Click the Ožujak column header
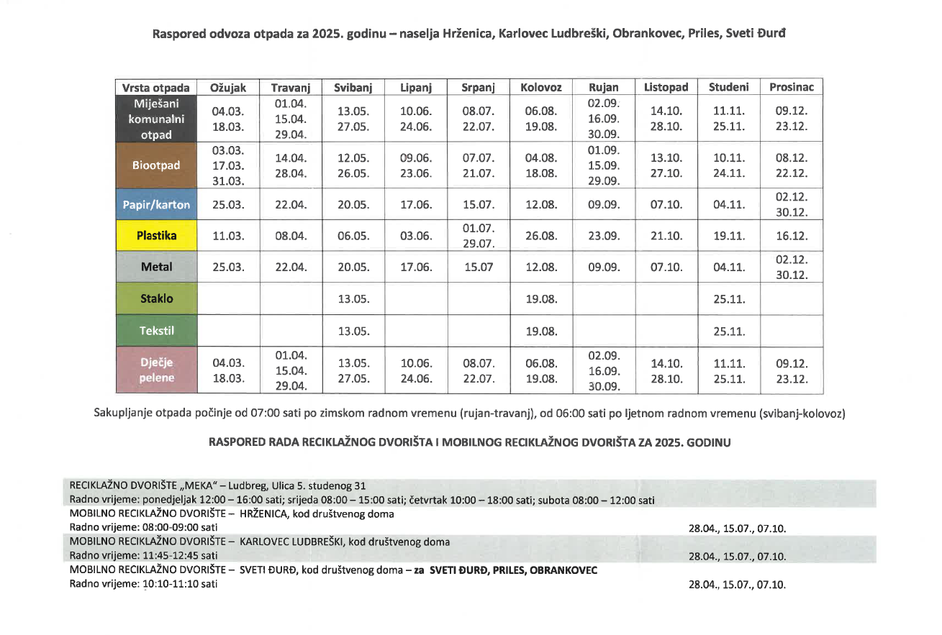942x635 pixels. [x=228, y=87]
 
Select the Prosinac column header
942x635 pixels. [x=791, y=87]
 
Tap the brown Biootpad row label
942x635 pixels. [x=156, y=165]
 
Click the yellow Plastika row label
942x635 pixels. [x=156, y=235]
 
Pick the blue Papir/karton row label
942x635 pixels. [x=156, y=204]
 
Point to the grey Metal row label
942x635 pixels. [x=156, y=267]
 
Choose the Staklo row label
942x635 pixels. [x=156, y=298]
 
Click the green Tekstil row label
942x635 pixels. [x=156, y=331]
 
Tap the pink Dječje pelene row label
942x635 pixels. [x=156, y=370]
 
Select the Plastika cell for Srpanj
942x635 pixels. [x=479, y=235]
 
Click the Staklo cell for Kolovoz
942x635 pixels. [x=541, y=298]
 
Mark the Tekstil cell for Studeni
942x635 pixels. [x=728, y=331]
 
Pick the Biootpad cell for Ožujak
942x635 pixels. [x=228, y=165]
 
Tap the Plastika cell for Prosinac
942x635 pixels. [x=791, y=235]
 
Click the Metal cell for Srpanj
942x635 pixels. [x=478, y=267]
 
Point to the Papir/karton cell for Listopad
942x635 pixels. [x=666, y=204]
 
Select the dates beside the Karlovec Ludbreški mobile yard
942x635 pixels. [x=737, y=556]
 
